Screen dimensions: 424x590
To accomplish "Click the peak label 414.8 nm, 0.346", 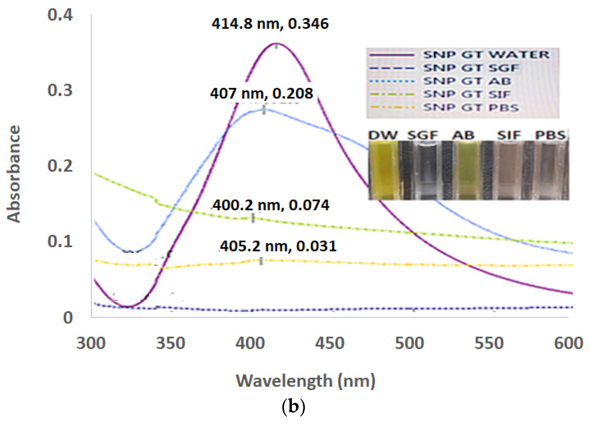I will (270, 24).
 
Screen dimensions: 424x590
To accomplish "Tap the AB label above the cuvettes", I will (463, 135).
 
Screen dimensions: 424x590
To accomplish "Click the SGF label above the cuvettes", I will (422, 135).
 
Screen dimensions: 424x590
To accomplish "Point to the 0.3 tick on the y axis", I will (60, 90).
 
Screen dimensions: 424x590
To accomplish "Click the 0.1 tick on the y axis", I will (60, 241).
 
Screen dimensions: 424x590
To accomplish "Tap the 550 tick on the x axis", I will (489, 343).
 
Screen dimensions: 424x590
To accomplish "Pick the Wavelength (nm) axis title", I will (305, 381).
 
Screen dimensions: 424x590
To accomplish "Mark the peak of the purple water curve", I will (277, 43).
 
